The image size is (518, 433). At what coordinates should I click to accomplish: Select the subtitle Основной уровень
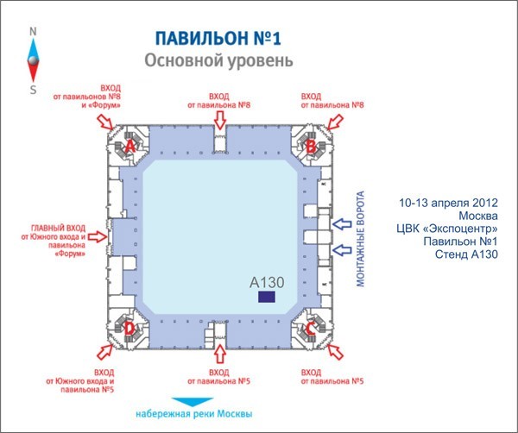coord(218,61)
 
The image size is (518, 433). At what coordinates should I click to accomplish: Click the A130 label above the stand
coord(267,281)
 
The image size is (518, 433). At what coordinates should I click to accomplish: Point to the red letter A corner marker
coord(130,146)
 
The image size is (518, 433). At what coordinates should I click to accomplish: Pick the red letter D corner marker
coord(129,328)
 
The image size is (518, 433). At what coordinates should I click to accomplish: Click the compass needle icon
coord(33,60)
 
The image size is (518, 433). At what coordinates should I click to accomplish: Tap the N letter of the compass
coord(33,31)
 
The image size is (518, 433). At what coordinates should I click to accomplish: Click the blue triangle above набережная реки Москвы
coord(191,400)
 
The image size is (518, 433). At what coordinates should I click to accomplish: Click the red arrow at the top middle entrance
coord(219,118)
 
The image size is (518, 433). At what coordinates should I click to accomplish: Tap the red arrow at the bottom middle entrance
coord(219,354)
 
